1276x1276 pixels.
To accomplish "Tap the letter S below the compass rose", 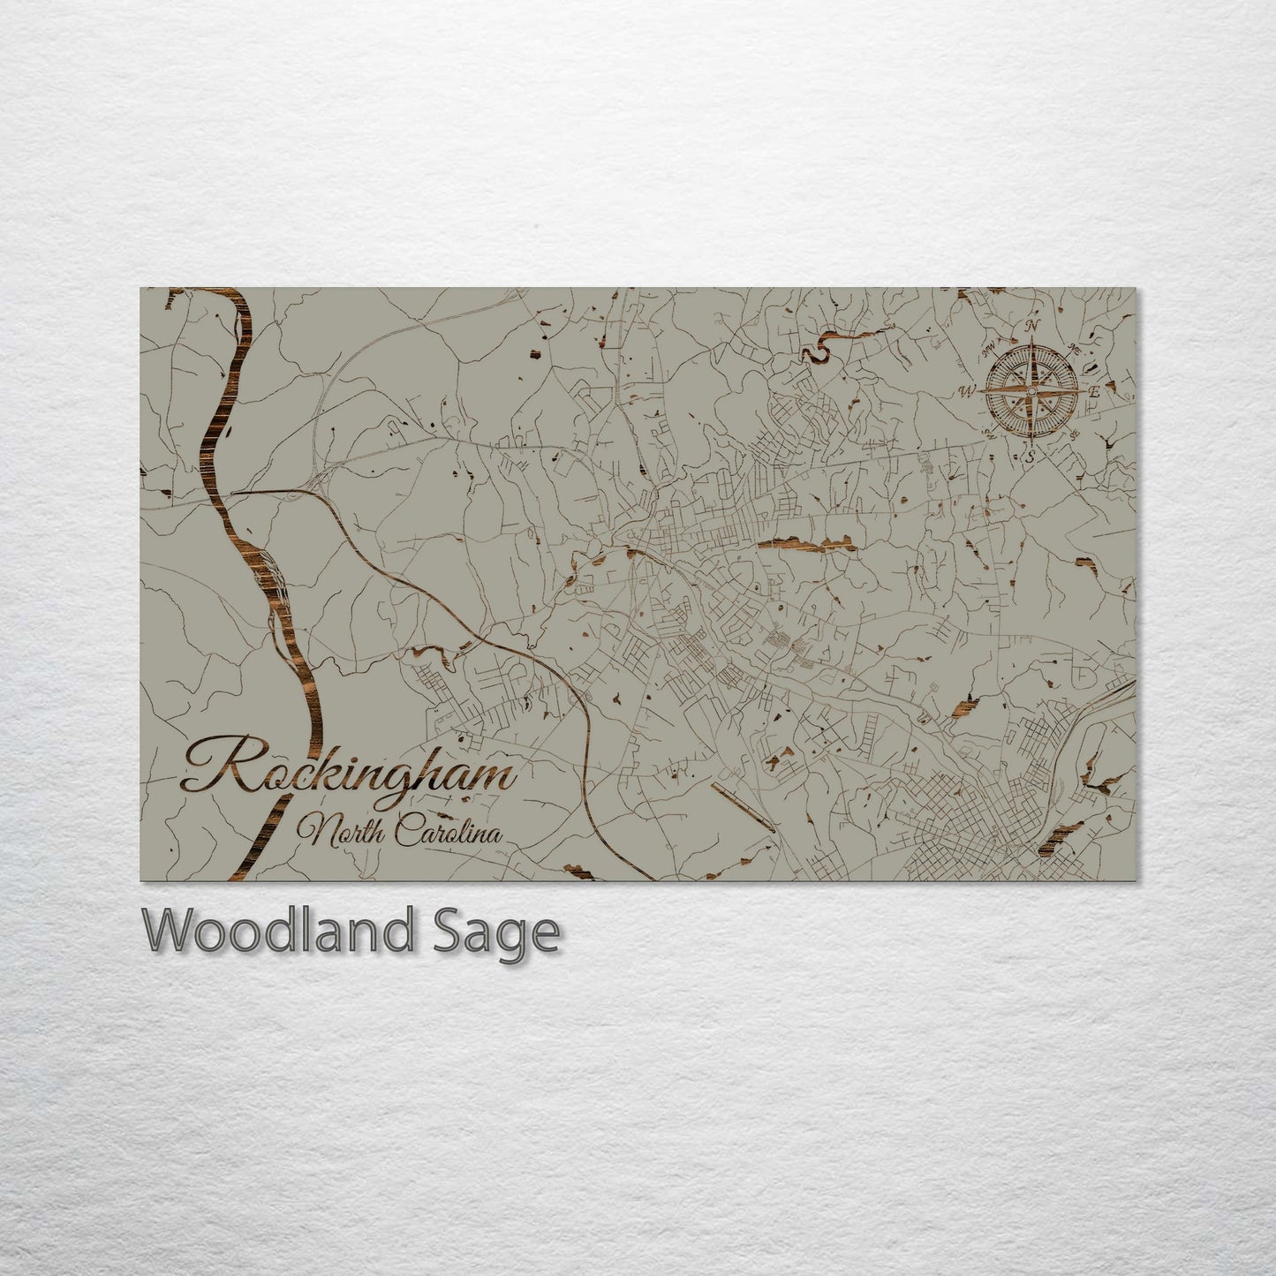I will click(1030, 457).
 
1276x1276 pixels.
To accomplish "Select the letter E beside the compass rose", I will click(1094, 391).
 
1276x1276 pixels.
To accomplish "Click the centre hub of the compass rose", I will click(1031, 390).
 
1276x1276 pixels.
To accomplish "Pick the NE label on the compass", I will click(1076, 347).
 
